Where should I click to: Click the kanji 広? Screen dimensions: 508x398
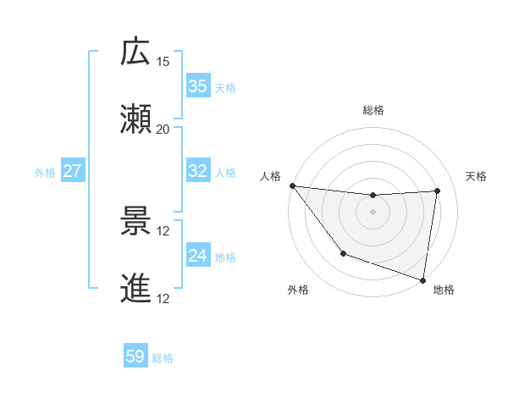tap(136, 52)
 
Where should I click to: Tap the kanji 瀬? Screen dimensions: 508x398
tap(136, 119)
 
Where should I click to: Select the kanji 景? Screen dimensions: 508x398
tap(136, 222)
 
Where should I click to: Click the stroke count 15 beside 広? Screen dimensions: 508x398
tap(163, 62)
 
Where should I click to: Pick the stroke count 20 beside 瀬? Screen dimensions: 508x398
tap(163, 130)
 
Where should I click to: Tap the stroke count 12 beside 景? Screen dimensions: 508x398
tap(163, 231)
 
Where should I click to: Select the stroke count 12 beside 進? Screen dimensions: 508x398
tap(163, 299)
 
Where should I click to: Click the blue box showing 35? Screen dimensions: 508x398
tap(197, 86)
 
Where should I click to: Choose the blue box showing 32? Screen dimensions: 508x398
tap(197, 171)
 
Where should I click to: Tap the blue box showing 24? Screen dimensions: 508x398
tap(197, 256)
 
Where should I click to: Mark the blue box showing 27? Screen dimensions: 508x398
tap(72, 171)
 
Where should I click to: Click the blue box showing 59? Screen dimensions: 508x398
tap(135, 357)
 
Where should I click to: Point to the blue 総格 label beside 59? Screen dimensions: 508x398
tap(163, 358)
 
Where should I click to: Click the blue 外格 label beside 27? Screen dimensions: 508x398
tap(45, 172)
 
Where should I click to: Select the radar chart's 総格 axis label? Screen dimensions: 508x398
tap(373, 110)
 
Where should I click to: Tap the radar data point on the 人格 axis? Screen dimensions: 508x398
tap(292, 185)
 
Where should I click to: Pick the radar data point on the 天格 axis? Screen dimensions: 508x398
tap(438, 191)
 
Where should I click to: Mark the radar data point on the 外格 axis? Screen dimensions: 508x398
tap(343, 253)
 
